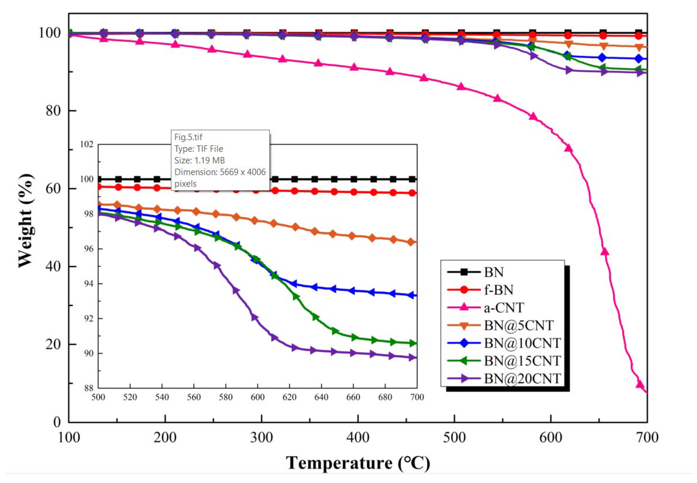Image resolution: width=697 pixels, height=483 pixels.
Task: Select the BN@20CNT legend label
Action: pyautogui.click(x=522, y=378)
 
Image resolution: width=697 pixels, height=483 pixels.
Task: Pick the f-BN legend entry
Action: pyautogui.click(x=499, y=290)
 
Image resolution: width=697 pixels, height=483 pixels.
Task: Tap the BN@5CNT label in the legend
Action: pyautogui.click(x=519, y=325)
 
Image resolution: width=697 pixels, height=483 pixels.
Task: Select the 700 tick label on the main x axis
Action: pyautogui.click(x=647, y=438)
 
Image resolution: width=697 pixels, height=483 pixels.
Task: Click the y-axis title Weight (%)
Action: pyautogui.click(x=26, y=221)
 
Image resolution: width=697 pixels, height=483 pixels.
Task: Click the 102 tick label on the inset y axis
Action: pyautogui.click(x=87, y=144)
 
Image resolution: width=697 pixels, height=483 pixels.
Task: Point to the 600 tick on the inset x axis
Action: pyautogui.click(x=258, y=397)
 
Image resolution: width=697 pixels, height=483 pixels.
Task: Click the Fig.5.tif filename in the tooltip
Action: pyautogui.click(x=188, y=137)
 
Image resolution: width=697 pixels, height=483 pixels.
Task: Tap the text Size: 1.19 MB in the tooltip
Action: pyautogui.click(x=199, y=160)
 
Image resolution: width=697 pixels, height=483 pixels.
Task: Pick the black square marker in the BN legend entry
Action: pyautogui.click(x=464, y=272)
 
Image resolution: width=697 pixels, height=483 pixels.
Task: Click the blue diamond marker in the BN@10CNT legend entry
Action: pyautogui.click(x=464, y=343)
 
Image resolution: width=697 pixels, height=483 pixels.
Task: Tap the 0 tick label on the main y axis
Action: pyautogui.click(x=57, y=422)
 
